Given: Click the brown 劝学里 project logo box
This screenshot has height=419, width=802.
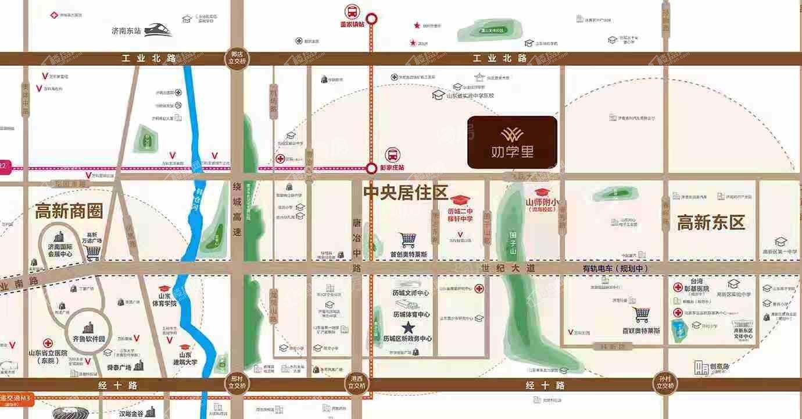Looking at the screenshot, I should point(512,143).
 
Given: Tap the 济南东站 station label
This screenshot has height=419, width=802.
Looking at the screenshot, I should point(127,31).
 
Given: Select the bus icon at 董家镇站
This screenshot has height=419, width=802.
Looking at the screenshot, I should point(352,11).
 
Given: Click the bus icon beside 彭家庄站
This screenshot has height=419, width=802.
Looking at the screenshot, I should point(393,155).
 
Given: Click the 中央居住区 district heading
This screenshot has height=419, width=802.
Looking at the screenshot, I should point(406,193).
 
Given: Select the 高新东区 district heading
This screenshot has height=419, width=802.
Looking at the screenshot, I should point(711,222).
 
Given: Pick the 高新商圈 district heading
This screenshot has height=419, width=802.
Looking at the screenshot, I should point(69,211).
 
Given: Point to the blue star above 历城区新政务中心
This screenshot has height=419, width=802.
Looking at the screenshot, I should point(409,327).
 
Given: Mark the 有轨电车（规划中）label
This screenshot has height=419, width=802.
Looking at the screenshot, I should point(615,268).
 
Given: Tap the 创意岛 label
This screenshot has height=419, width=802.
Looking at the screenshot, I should point(719,367).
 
